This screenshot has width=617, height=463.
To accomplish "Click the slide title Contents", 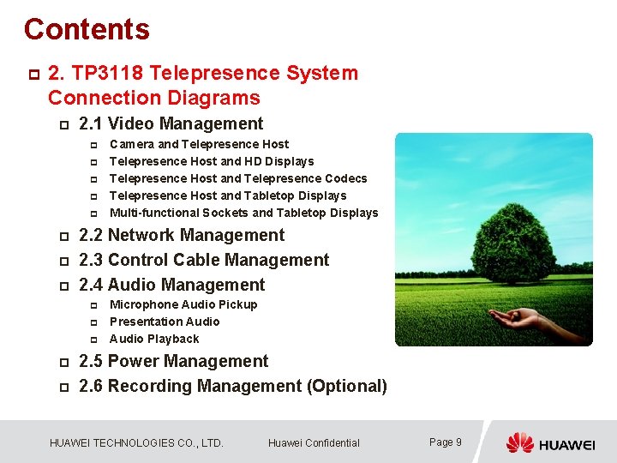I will click(x=87, y=29).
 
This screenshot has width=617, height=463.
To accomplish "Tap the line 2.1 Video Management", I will click(x=171, y=123).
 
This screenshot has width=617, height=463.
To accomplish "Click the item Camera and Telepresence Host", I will click(x=199, y=144).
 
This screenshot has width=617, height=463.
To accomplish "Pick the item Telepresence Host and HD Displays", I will click(x=212, y=161).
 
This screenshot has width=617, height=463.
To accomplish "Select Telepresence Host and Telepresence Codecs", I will click(x=238, y=178).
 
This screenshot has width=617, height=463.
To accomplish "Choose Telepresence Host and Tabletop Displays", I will click(x=228, y=195).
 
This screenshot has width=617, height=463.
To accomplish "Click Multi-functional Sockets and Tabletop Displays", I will click(x=243, y=213).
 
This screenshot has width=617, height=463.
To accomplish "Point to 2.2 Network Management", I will click(x=181, y=235).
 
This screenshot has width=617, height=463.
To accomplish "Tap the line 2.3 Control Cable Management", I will click(x=203, y=260).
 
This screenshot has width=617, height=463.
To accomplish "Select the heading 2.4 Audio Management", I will click(x=171, y=285).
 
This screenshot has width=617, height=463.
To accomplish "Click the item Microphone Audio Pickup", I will click(x=183, y=304).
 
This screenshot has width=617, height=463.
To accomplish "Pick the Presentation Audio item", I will click(x=165, y=322).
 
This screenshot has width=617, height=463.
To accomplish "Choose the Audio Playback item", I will click(x=154, y=339).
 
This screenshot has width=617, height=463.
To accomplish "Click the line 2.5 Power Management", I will click(x=173, y=361).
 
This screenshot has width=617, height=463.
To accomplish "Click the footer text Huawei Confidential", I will click(x=314, y=443).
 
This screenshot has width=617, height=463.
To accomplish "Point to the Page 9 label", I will click(x=445, y=442).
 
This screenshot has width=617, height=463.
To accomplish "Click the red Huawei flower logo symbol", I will click(x=519, y=442).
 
